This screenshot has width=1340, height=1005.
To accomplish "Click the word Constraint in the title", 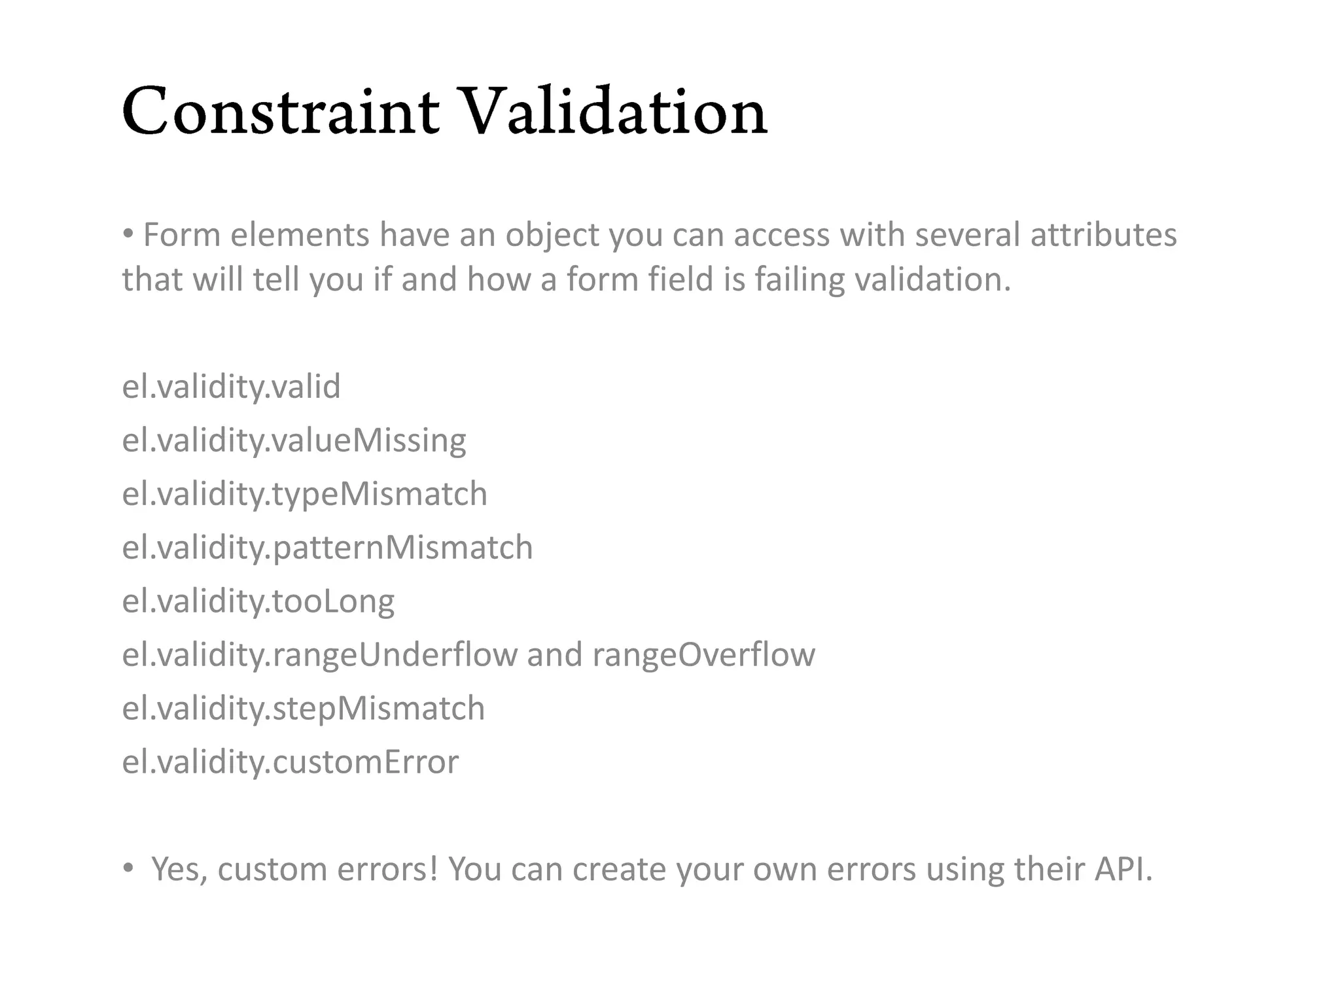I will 280,113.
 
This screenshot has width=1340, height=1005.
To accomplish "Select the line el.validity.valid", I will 231,387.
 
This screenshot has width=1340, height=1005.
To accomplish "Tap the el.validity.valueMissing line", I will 294,440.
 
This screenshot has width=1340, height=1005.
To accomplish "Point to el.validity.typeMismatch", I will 304,494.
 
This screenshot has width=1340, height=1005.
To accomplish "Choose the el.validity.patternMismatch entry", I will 327,548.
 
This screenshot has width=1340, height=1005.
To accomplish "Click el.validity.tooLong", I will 258,601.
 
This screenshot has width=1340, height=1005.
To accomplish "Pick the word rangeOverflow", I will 703,655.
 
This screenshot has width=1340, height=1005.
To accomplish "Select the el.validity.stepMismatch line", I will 303,709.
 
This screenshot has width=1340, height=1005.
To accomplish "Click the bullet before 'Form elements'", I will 128,234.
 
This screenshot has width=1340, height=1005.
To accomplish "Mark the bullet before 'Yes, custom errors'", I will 128,869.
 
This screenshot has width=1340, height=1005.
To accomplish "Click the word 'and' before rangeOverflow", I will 554,655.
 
